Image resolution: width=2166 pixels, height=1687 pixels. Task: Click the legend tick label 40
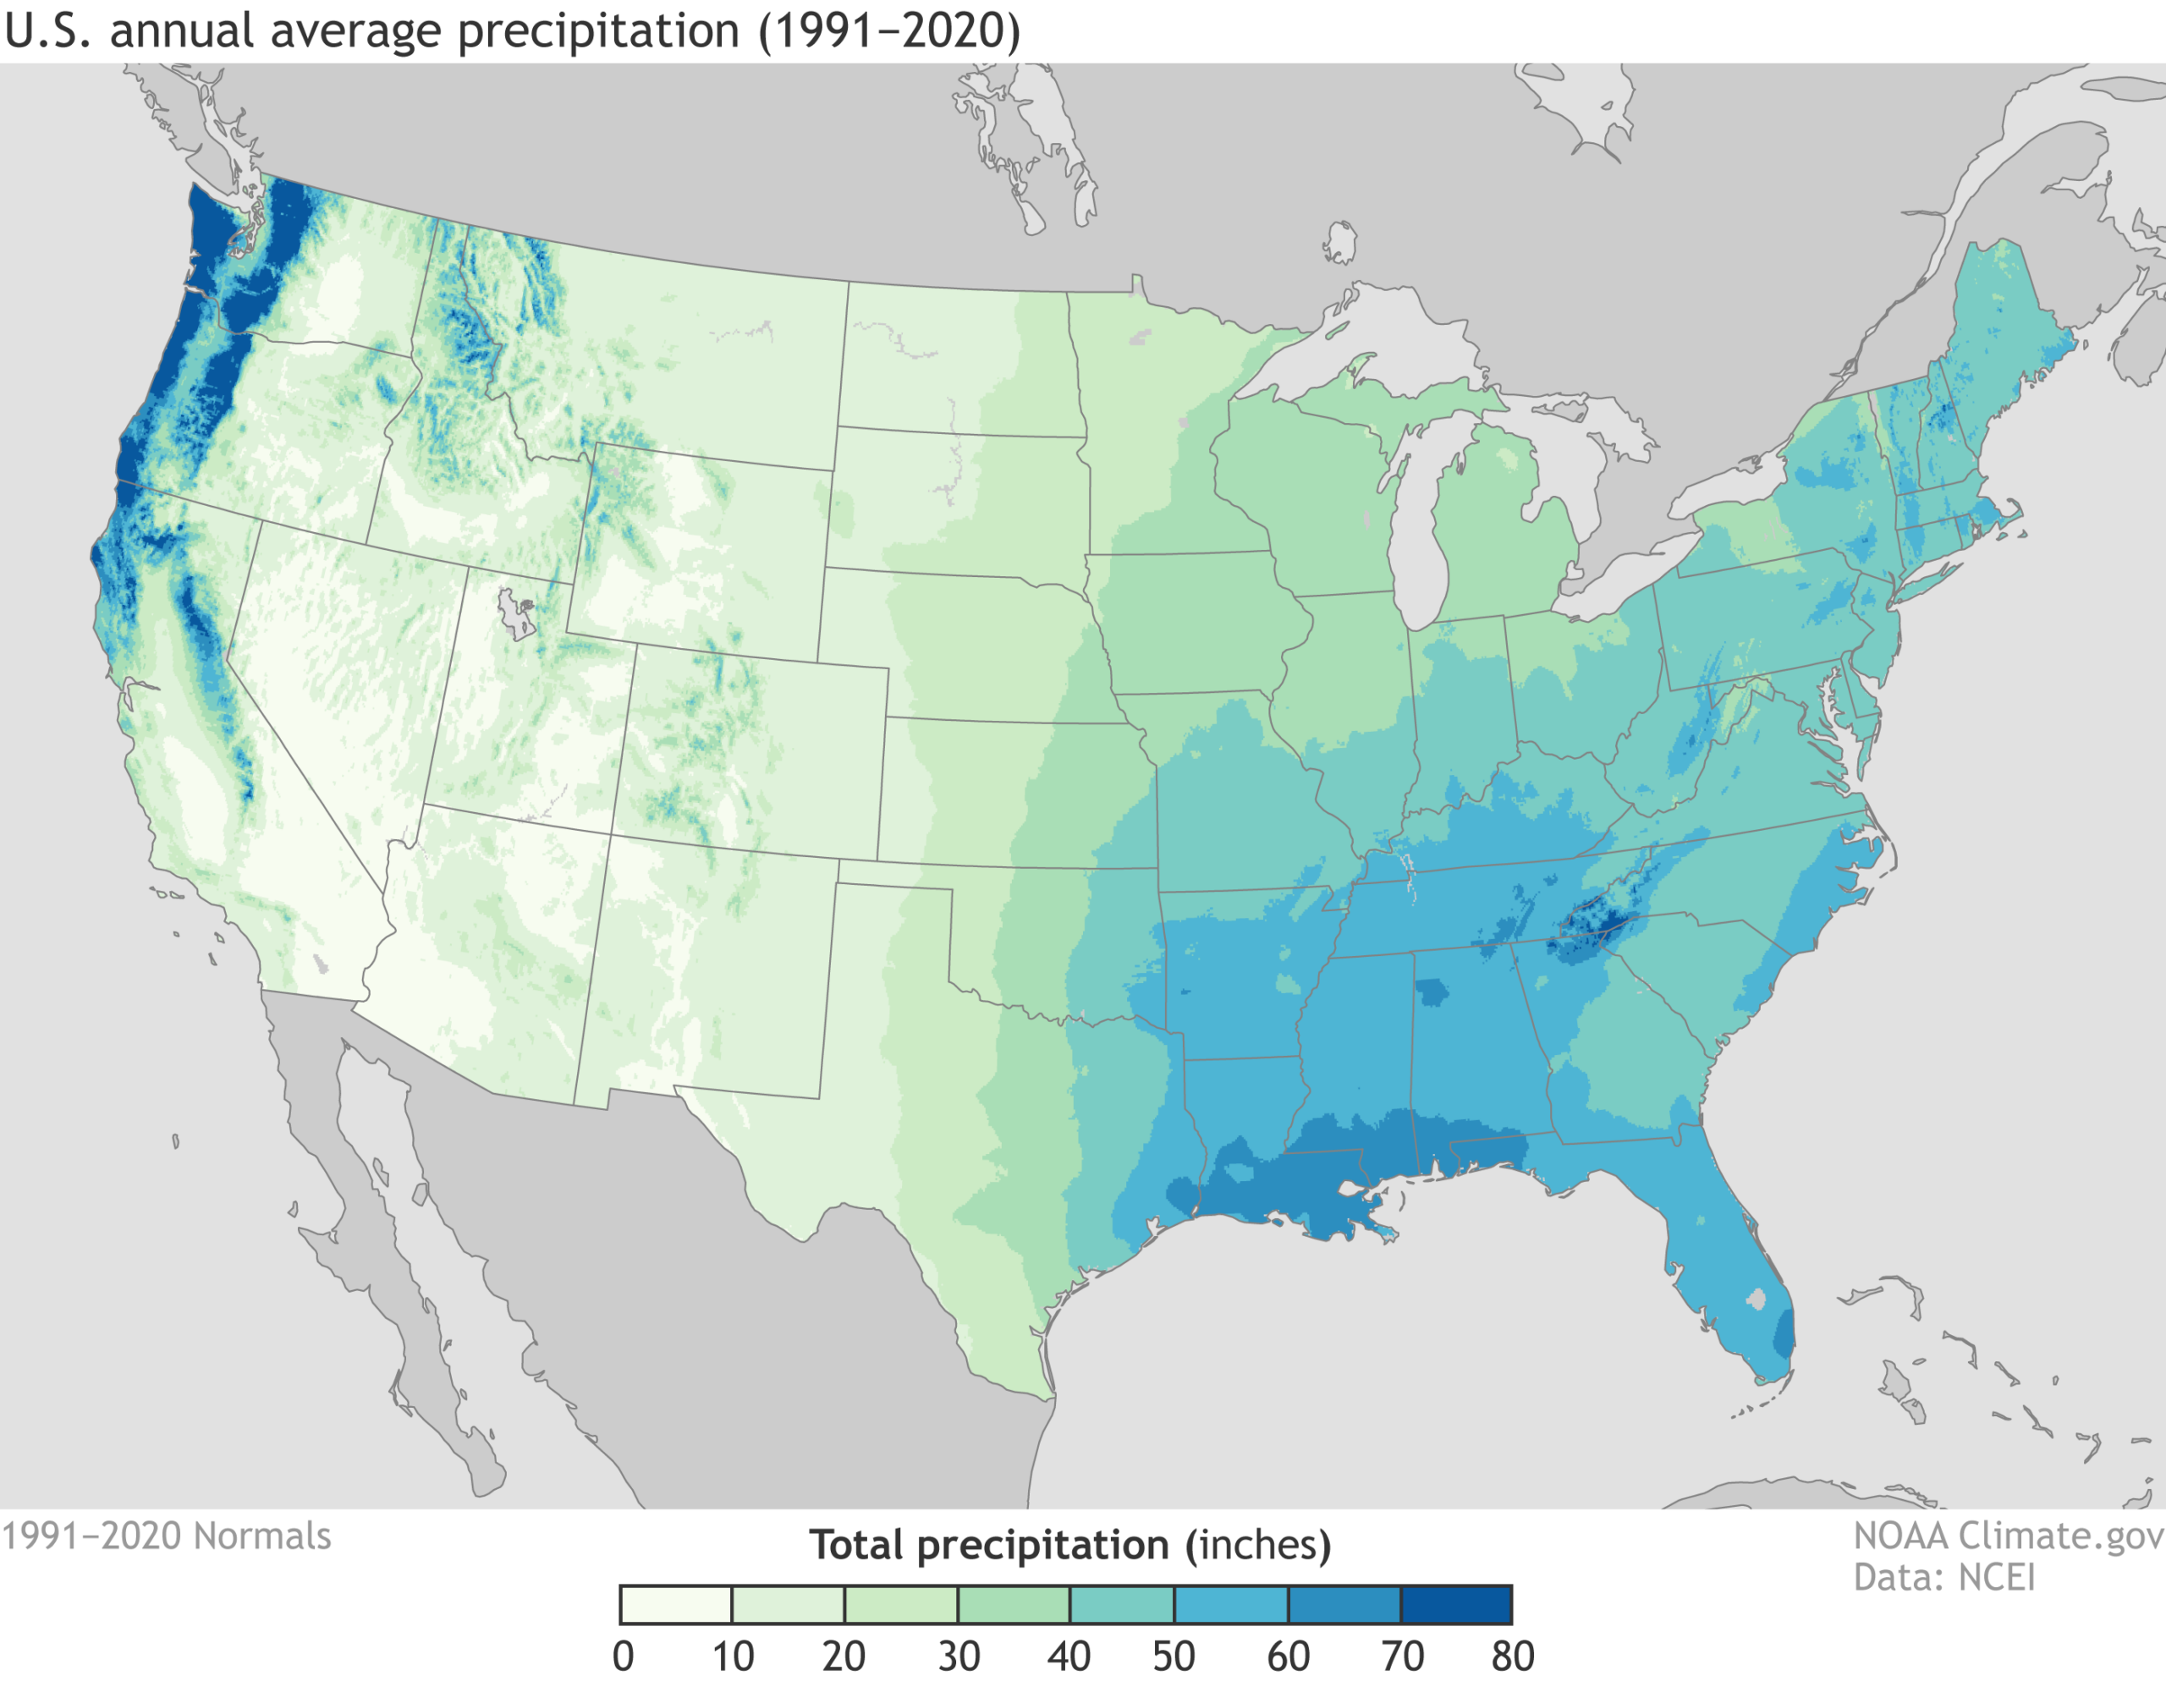point(1068,1657)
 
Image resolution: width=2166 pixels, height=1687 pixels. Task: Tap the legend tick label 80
point(1511,1657)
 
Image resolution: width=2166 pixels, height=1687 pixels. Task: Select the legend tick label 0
point(623,1657)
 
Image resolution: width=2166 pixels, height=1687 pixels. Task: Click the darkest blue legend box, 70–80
point(1456,1604)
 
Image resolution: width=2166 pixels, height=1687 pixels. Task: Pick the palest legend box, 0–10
point(675,1604)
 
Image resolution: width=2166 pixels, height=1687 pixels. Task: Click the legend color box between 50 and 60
point(1231,1604)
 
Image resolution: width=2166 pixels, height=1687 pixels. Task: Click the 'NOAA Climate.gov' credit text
point(2009,1536)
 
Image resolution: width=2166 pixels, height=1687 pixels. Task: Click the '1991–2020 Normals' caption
point(167,1536)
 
